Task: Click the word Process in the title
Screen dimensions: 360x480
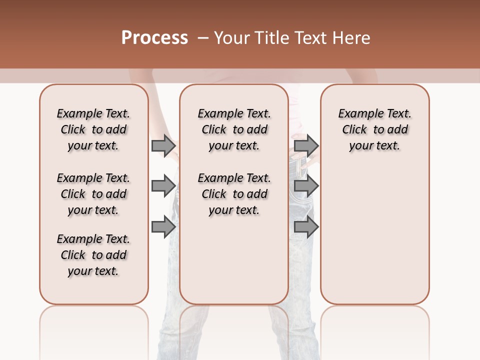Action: [154, 38]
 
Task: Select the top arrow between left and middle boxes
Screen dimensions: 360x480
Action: [163, 145]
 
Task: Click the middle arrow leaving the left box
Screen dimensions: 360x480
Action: [163, 186]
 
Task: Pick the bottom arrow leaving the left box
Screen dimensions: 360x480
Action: [163, 226]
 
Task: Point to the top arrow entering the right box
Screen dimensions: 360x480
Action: [306, 145]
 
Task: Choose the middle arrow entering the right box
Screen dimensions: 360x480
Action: [306, 186]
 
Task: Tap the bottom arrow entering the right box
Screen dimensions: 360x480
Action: [306, 226]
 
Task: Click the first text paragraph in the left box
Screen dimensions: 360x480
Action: [93, 129]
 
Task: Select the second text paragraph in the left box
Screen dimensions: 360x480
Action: [93, 194]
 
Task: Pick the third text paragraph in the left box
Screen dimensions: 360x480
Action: [93, 255]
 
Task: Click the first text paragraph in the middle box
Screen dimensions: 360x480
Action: [234, 129]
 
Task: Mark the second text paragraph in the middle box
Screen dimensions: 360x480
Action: [234, 194]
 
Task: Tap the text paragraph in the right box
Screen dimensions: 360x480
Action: [374, 129]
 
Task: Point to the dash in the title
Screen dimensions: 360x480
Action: [203, 38]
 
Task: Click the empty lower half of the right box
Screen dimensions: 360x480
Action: [374, 240]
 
